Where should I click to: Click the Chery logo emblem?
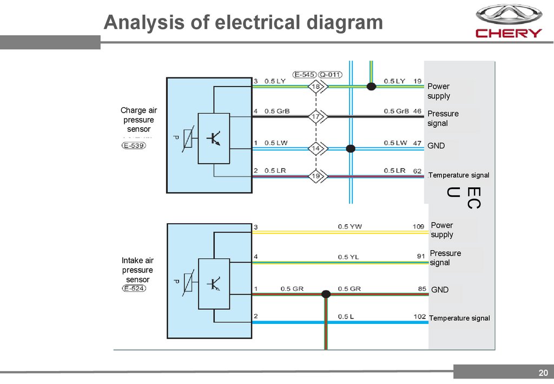click(508, 15)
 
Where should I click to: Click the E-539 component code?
click(134, 145)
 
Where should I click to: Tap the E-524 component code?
click(134, 288)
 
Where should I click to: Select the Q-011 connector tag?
click(330, 74)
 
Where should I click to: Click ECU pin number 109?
click(418, 226)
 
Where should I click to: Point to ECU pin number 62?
click(417, 171)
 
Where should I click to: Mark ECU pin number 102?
click(419, 316)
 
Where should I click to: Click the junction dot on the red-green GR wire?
click(326, 294)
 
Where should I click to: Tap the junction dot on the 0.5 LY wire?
click(371, 86)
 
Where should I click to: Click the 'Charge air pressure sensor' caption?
click(138, 120)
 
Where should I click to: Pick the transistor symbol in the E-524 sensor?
click(213, 283)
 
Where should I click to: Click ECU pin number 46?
click(417, 111)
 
